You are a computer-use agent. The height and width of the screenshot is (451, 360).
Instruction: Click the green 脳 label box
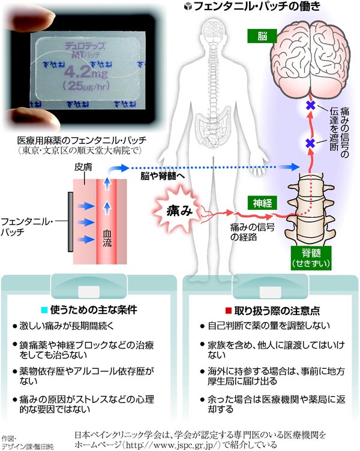(x=262, y=36)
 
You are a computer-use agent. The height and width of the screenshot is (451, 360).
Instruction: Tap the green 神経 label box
(x=262, y=203)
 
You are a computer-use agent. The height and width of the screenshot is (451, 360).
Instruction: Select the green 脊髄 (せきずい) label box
(x=311, y=258)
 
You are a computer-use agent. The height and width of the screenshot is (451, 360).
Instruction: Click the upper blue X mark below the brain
(x=310, y=106)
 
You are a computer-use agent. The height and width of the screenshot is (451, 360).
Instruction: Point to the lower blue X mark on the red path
(x=310, y=143)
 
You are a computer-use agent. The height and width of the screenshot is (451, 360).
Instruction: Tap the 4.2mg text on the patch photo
(x=86, y=72)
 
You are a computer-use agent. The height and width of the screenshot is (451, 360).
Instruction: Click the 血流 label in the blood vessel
(x=107, y=239)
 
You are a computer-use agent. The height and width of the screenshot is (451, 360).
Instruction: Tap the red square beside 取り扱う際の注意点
(x=229, y=311)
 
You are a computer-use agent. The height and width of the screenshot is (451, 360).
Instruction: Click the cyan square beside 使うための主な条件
(x=44, y=310)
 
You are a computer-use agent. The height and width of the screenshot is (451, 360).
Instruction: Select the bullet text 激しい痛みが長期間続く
(x=67, y=326)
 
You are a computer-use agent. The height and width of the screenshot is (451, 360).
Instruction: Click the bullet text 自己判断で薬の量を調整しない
(x=269, y=326)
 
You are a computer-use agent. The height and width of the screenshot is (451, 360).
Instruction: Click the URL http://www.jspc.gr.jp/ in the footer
(x=173, y=444)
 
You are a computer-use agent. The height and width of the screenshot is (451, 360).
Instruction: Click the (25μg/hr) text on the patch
(x=86, y=86)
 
